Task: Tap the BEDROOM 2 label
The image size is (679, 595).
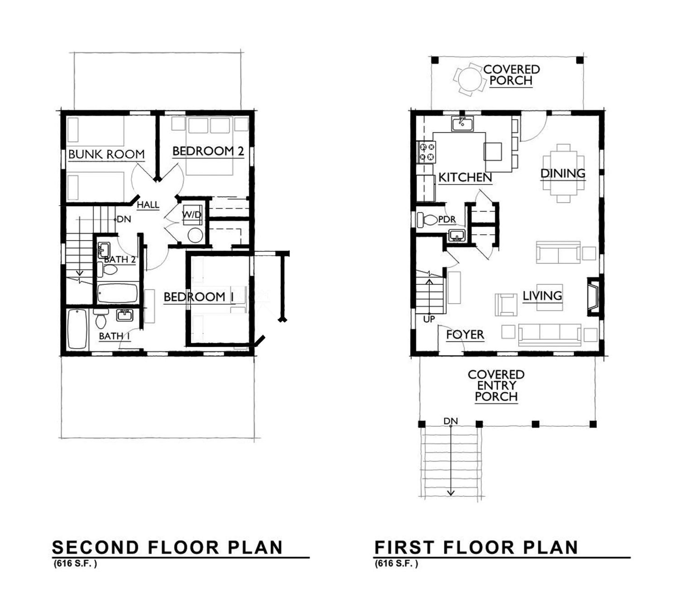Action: (208, 151)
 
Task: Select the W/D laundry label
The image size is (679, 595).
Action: (192, 214)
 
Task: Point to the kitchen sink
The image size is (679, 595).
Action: (462, 124)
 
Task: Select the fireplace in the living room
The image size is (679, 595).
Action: (593, 296)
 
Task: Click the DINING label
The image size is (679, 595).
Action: (563, 173)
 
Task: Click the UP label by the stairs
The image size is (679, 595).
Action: (429, 319)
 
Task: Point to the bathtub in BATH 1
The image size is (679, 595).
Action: (77, 329)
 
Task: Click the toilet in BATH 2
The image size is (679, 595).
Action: (107, 269)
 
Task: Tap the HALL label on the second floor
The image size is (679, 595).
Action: (148, 205)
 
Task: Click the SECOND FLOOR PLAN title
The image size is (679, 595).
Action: (167, 548)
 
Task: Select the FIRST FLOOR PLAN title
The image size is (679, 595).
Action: (476, 548)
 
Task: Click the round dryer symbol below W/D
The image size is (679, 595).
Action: (195, 235)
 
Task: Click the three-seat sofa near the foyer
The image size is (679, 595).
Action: (550, 335)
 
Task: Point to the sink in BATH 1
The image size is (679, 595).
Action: (125, 315)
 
